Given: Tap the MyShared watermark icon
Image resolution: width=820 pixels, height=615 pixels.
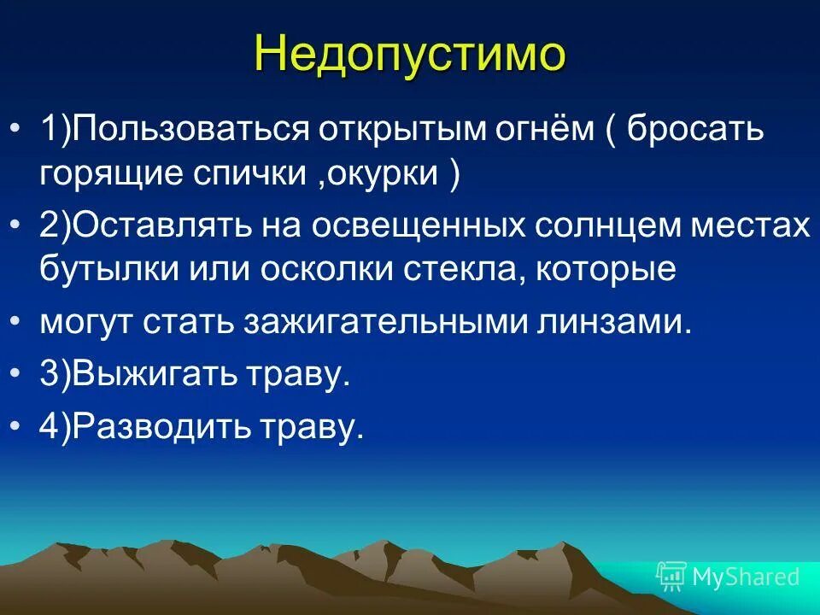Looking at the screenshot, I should pyautogui.click(x=671, y=577).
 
